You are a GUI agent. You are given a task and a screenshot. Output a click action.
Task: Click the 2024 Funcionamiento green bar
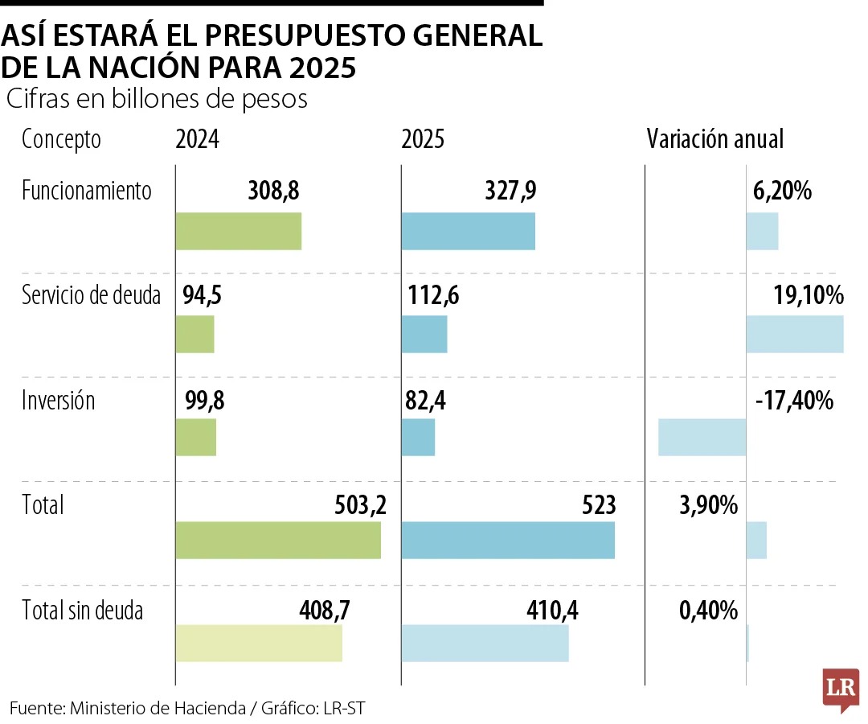(x=238, y=231)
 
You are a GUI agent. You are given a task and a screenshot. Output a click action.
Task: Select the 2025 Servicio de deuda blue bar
(x=424, y=334)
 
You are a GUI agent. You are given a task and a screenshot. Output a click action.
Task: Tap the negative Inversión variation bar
(x=702, y=438)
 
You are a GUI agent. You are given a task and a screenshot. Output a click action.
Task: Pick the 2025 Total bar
(x=507, y=540)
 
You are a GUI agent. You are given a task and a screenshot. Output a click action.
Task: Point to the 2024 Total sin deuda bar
(x=258, y=643)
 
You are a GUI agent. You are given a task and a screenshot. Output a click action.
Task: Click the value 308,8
(x=274, y=191)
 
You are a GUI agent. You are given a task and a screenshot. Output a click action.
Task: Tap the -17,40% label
(x=795, y=400)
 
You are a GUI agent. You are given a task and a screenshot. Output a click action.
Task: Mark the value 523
(x=599, y=504)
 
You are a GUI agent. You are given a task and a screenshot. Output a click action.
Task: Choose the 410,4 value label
(x=551, y=610)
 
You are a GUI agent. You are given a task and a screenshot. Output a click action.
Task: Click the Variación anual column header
(x=714, y=139)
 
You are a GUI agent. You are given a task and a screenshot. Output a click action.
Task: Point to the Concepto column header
(x=61, y=139)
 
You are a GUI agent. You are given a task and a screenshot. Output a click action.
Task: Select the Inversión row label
(x=58, y=400)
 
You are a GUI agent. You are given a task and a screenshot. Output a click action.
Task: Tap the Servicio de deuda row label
(x=91, y=295)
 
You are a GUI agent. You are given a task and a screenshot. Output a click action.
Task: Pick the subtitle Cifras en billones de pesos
(x=158, y=99)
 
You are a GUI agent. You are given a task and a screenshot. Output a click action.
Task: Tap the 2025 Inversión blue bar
(x=418, y=438)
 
